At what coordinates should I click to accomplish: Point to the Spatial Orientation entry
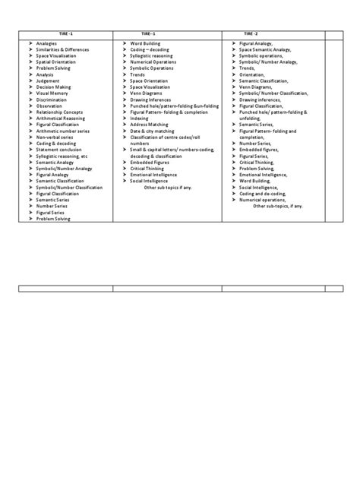coord(55,62)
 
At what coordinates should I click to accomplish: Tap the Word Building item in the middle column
coord(144,44)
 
